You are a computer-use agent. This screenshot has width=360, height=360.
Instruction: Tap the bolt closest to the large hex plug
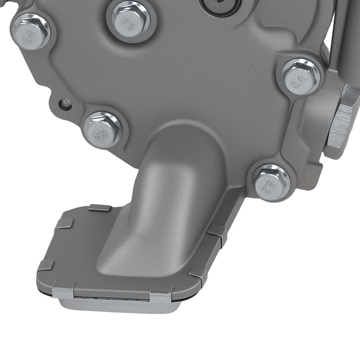coord(301,77)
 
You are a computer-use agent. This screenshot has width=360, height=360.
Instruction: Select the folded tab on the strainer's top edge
coord(100,208)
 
